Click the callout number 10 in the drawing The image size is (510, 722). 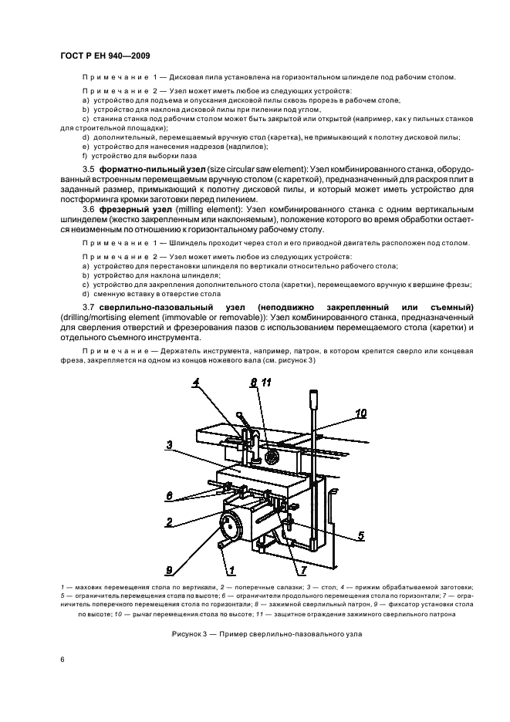(361, 413)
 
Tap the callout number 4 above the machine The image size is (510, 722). (196, 382)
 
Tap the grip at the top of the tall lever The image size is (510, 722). (315, 401)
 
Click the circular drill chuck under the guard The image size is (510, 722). (272, 457)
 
